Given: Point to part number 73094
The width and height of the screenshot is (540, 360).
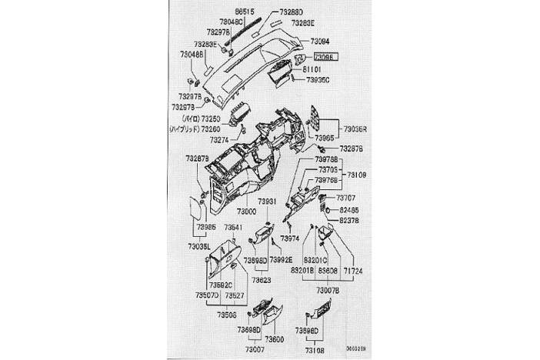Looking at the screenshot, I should click(320, 40).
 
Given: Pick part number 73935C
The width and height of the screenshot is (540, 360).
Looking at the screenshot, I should click(318, 79).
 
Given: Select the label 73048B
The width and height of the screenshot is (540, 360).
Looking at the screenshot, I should click(192, 55).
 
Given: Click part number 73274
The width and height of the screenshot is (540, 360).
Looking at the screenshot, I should click(220, 141).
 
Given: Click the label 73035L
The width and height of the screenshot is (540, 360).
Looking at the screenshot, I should click(201, 248).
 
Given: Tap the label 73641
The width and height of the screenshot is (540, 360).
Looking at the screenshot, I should click(235, 228).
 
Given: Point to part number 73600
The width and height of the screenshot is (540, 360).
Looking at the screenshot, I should click(274, 339).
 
